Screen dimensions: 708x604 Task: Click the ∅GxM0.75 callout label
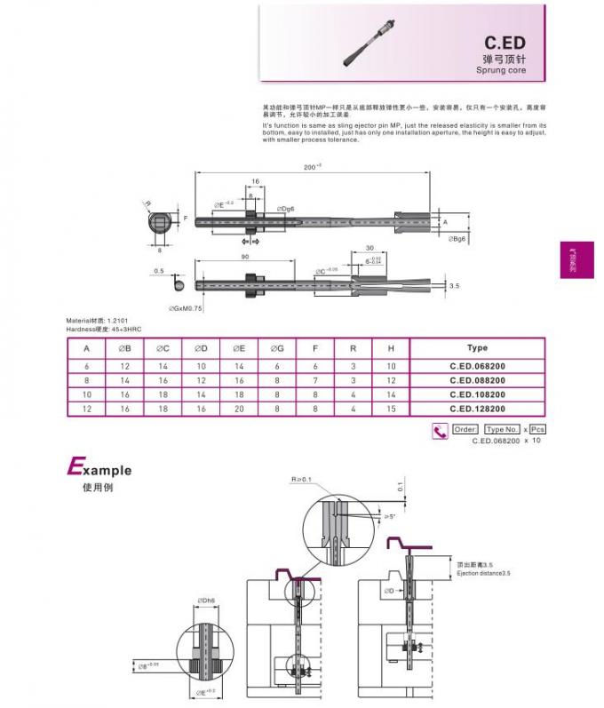[x=186, y=307]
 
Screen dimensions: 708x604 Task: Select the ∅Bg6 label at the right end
[x=457, y=239]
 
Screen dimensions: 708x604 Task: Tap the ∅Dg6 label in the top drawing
[x=285, y=208]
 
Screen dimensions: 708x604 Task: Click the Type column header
[x=477, y=348]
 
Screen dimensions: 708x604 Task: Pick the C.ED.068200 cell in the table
[x=477, y=365]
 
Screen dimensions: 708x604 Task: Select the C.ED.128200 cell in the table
[x=477, y=408]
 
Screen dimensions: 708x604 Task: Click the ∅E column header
[x=239, y=348]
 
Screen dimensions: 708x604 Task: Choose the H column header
[x=391, y=348]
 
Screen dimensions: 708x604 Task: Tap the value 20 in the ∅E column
[x=239, y=408]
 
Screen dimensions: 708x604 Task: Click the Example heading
[x=99, y=469]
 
